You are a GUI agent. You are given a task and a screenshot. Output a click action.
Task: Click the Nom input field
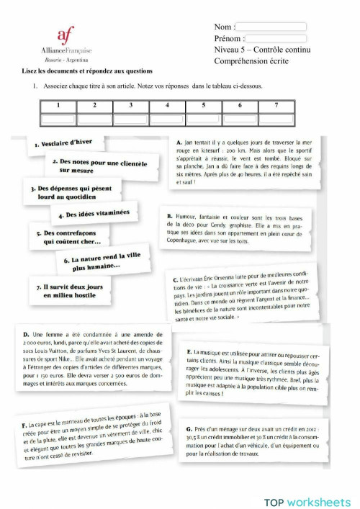[271, 27]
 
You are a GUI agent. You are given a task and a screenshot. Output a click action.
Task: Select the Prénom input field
[276, 38]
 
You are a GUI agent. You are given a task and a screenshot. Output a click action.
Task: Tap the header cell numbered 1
[57, 106]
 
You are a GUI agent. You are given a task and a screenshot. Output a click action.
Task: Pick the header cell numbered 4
[167, 106]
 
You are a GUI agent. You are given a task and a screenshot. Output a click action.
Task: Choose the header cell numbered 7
[276, 106]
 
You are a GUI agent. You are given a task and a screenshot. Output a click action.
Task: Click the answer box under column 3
[130, 118]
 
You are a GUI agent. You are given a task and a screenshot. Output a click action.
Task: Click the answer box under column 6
[240, 118]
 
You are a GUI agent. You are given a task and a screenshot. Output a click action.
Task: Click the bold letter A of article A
[178, 143]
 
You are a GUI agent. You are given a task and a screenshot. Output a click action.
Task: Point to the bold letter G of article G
[188, 429]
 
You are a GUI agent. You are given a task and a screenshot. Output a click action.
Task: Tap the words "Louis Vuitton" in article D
[53, 351]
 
